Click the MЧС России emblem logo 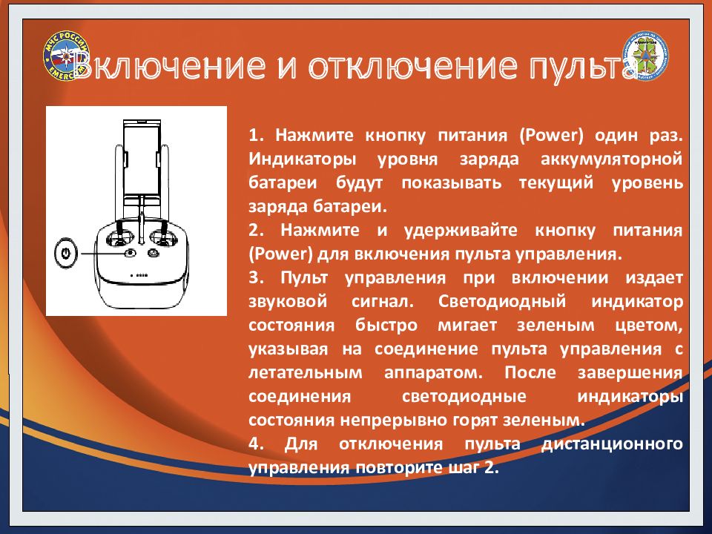[x=66, y=57]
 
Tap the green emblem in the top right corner [x=645, y=57]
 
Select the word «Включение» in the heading [x=169, y=65]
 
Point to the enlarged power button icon [x=66, y=252]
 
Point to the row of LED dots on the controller [x=139, y=275]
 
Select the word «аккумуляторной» [x=612, y=159]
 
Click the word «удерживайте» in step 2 [x=461, y=230]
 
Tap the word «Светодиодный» [x=502, y=301]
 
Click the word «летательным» [x=306, y=372]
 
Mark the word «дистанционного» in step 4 [x=612, y=444]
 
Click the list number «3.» [x=256, y=277]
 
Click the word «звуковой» [x=288, y=301]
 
